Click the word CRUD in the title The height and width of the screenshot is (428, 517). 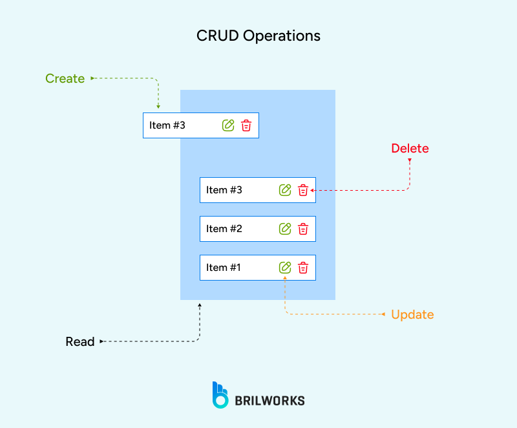tap(217, 36)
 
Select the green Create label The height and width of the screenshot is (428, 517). tap(65, 79)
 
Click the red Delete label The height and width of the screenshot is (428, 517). tap(410, 149)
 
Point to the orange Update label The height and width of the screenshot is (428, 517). tap(412, 315)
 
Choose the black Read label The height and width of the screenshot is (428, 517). tap(80, 341)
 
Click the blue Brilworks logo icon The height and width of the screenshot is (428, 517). tap(220, 395)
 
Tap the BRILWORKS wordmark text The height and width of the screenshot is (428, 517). tap(269, 401)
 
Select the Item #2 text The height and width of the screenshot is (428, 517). tap(224, 229)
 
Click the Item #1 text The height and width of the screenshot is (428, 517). tap(224, 268)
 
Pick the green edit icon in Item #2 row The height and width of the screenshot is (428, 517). tap(284, 229)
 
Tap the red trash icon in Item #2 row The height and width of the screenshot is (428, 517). tap(303, 229)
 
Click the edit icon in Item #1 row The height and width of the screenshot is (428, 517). tap(284, 268)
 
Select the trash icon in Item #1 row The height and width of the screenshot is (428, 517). tap(303, 268)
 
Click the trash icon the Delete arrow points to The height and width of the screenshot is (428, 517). tap(303, 190)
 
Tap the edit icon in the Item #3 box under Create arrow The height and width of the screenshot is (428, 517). tap(227, 125)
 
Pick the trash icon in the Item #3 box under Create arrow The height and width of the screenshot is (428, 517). tap(246, 125)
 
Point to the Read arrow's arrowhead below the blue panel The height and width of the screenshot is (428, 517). tap(200, 305)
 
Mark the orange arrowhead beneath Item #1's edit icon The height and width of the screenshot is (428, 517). tap(285, 279)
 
